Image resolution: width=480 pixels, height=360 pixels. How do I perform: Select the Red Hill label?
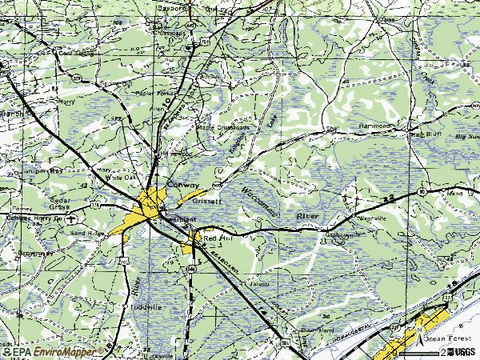pos(217,238)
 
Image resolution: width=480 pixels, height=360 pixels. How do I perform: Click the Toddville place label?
pos(146,306)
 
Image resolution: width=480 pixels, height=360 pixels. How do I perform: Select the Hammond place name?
pos(374,126)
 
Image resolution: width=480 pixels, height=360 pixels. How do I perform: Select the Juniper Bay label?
pos(44,170)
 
